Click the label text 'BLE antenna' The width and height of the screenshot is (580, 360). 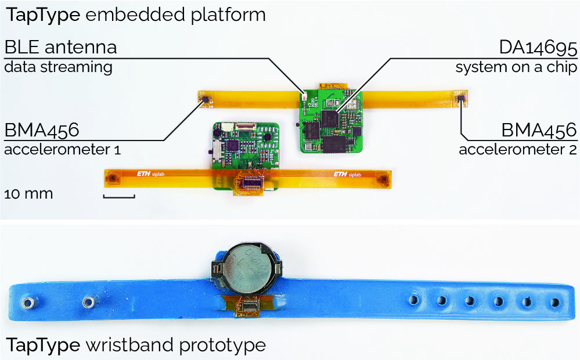coord(61,47)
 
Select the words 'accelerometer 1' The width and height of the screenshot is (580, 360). coord(63,150)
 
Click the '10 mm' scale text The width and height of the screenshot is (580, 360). coord(28,193)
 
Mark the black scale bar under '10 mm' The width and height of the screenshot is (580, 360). coord(119,197)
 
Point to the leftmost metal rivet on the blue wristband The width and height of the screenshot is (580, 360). coord(26,302)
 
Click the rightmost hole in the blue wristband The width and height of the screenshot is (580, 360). coord(556,302)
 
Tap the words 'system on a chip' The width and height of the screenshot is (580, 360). coord(516,67)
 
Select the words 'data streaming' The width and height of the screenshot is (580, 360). coord(58,67)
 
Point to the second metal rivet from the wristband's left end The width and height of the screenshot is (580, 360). coord(88,301)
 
